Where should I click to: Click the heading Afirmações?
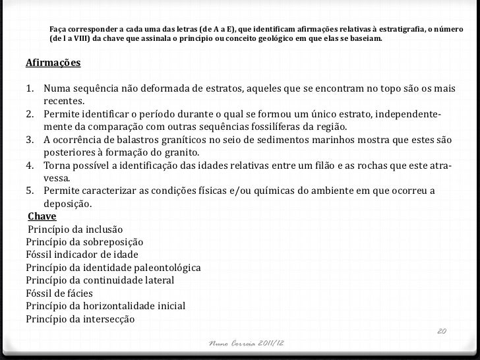pyautogui.click(x=53, y=64)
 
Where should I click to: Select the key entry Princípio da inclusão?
pyautogui.click(x=75, y=229)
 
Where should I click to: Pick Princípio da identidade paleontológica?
pyautogui.click(x=113, y=268)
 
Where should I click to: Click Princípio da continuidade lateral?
pyautogui.click(x=100, y=280)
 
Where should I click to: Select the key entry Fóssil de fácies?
pyautogui.click(x=59, y=293)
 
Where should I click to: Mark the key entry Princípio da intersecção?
pyautogui.click(x=80, y=319)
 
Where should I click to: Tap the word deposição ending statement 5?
pyautogui.click(x=67, y=204)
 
